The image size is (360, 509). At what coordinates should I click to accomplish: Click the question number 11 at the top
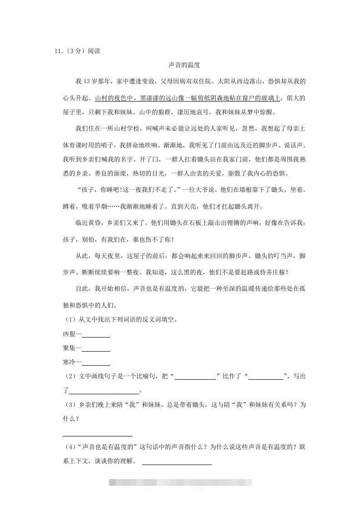coord(58,51)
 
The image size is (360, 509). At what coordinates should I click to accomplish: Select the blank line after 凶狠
coord(96,336)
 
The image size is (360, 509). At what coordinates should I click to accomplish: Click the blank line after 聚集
coord(96,350)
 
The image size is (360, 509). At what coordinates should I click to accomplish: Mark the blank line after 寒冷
coord(96,364)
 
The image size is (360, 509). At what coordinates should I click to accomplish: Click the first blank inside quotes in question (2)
coord(195,378)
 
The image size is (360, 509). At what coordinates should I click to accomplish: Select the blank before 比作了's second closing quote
coord(266,378)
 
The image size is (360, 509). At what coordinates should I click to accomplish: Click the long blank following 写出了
coord(104,392)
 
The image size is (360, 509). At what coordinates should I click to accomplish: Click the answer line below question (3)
coord(98,435)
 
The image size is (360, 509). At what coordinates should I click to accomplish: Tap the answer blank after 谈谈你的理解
coord(177,463)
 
